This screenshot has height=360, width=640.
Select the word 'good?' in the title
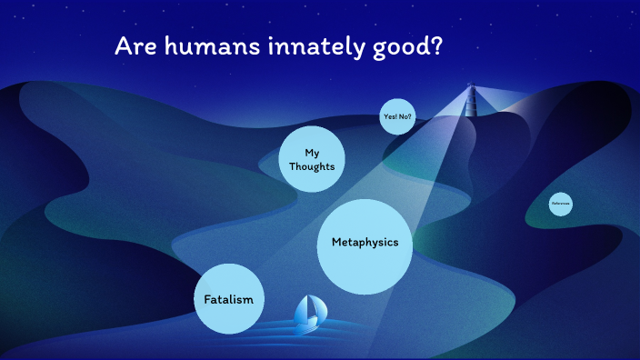408,47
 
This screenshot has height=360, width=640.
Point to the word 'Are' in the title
132,46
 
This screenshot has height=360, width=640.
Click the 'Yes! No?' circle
396,117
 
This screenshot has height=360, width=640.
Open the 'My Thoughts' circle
312,159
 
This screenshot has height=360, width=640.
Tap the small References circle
560,204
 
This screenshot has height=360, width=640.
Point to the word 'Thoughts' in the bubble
312,166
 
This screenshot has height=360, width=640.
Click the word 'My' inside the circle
312,152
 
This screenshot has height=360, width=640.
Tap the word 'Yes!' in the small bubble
389,117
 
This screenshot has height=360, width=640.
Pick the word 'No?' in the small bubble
405,117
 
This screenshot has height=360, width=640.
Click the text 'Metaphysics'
365,243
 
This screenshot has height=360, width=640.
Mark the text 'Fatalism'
228,299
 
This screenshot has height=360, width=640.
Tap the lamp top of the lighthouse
471,88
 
